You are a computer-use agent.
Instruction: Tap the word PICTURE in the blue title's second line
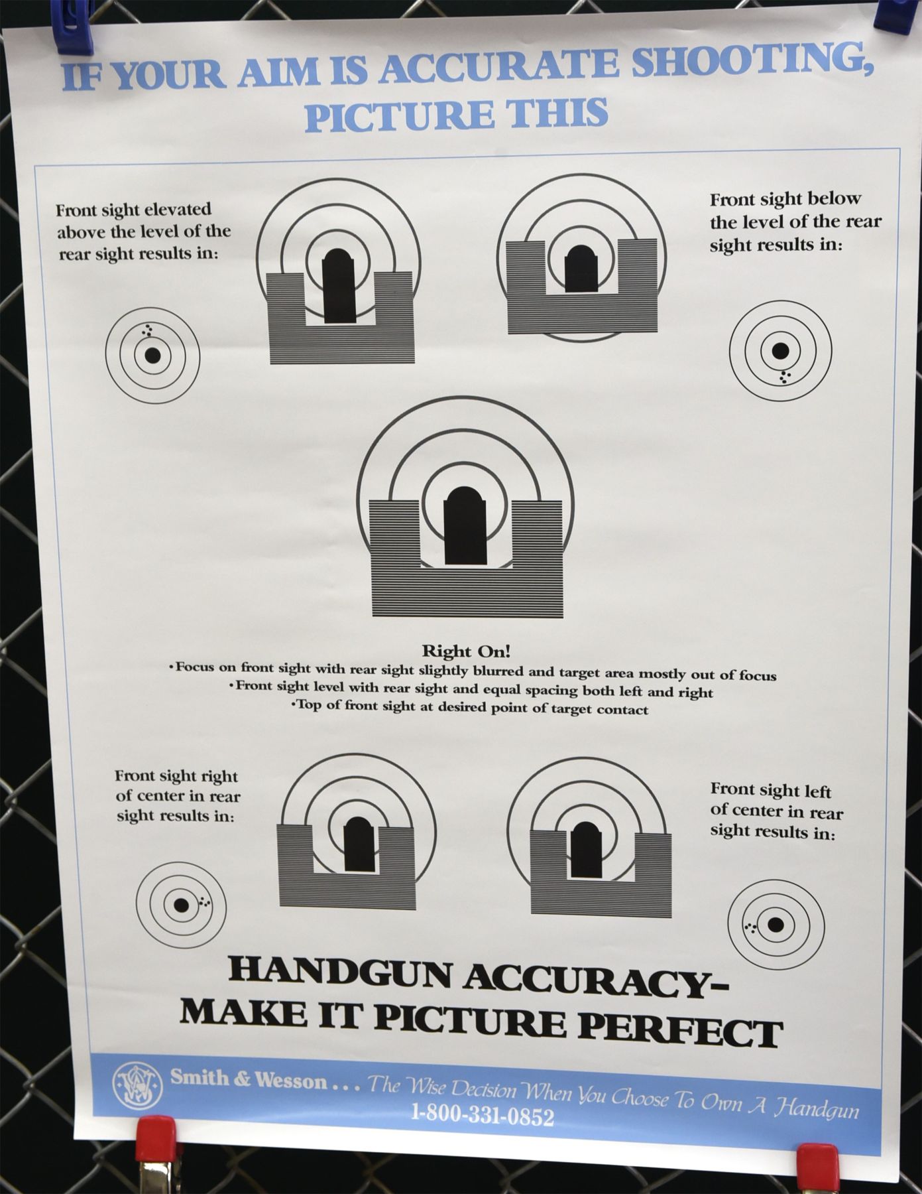398,114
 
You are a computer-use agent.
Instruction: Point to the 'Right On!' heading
466,651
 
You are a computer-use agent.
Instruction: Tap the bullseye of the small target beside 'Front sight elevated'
152,355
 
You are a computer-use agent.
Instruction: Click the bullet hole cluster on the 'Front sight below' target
784,376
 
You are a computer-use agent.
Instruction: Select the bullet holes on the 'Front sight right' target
204,901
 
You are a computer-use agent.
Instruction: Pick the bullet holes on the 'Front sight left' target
750,927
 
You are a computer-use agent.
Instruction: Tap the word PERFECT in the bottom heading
681,1028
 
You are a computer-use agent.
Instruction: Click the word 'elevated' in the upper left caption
179,210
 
